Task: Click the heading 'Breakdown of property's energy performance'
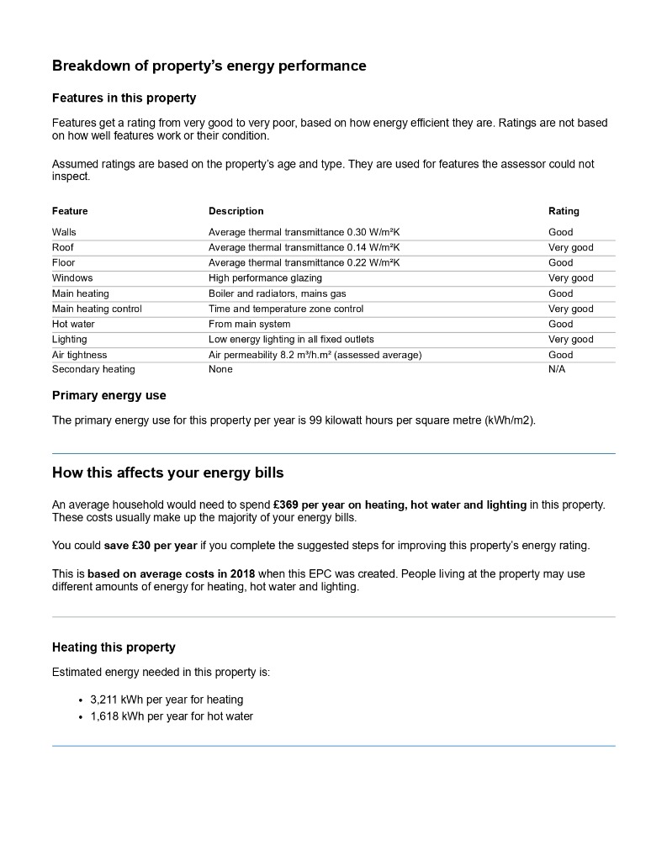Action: pyautogui.click(x=209, y=66)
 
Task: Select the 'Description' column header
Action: pyautogui.click(x=236, y=211)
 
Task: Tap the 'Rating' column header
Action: pyautogui.click(x=564, y=211)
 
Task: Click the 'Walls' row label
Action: pyautogui.click(x=64, y=232)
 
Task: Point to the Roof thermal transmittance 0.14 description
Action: pyautogui.click(x=304, y=247)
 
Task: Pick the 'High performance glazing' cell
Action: pyautogui.click(x=265, y=277)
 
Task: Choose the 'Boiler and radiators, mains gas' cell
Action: pyautogui.click(x=278, y=293)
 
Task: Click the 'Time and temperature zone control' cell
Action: pyautogui.click(x=286, y=309)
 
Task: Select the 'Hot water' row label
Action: pyautogui.click(x=73, y=324)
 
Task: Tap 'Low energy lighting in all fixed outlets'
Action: pyautogui.click(x=291, y=340)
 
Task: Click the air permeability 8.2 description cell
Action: pyautogui.click(x=315, y=355)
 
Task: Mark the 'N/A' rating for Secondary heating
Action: pyautogui.click(x=557, y=369)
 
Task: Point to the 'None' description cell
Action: pyautogui.click(x=220, y=369)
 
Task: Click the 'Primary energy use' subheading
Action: pyautogui.click(x=109, y=395)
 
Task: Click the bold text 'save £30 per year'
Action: pyautogui.click(x=151, y=545)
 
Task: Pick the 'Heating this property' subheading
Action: pyautogui.click(x=114, y=647)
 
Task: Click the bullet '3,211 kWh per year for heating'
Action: pyautogui.click(x=167, y=700)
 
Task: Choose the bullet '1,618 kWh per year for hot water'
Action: pyautogui.click(x=172, y=716)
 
